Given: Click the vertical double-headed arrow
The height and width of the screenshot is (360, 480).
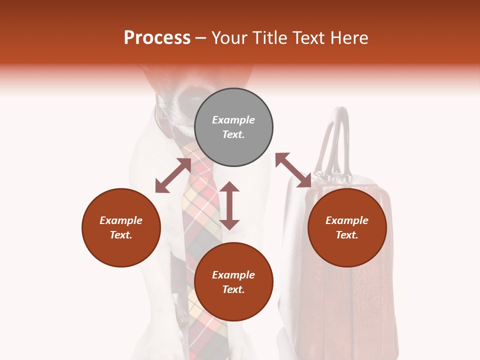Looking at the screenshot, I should pyautogui.click(x=229, y=205).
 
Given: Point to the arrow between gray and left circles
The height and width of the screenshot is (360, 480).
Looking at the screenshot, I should pyautogui.click(x=173, y=175).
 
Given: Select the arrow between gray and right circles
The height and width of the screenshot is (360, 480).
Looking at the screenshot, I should pyautogui.click(x=293, y=170).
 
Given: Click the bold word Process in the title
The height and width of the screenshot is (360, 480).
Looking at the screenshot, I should pyautogui.click(x=157, y=37).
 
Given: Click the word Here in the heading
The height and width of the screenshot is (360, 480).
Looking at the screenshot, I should pyautogui.click(x=349, y=37).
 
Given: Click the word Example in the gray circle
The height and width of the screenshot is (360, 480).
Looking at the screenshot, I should pyautogui.click(x=233, y=120).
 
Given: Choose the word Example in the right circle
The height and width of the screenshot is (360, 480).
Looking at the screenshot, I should pyautogui.click(x=347, y=220).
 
